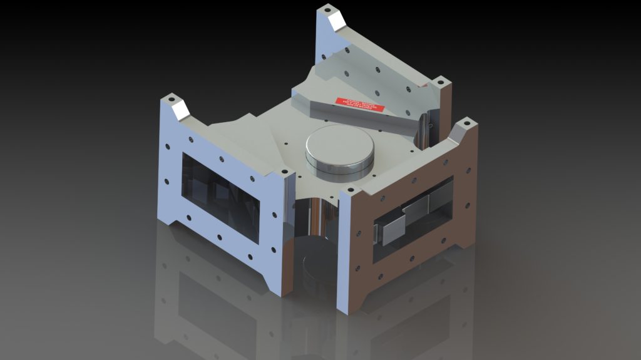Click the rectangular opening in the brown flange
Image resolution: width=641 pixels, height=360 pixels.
tap(413, 219)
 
